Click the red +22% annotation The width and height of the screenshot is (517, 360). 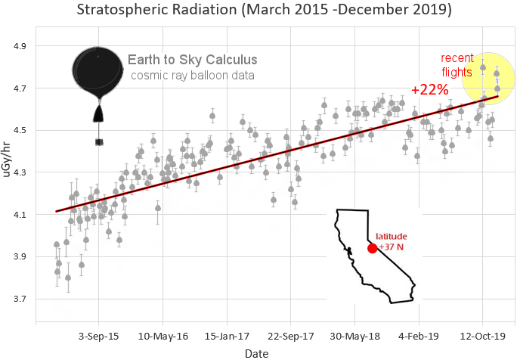[429, 90]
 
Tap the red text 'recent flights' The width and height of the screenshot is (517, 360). [457, 65]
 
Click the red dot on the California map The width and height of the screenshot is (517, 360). [372, 248]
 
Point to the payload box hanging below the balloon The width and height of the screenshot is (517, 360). [98, 141]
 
